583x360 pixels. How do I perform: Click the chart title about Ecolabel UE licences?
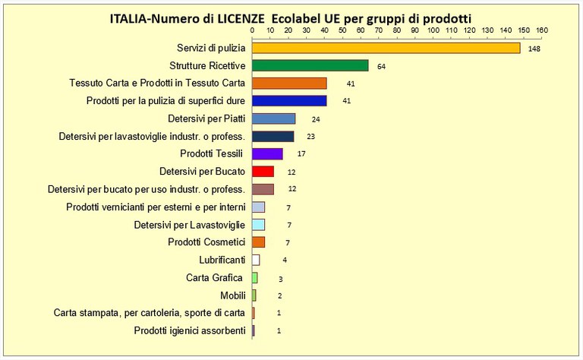[291, 17]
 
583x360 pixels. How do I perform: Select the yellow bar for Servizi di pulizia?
[386, 48]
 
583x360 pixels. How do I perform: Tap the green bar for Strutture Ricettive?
[310, 66]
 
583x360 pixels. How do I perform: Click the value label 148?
[534, 49]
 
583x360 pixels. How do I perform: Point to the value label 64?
[381, 67]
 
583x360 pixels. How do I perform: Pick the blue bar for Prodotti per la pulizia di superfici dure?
[289, 101]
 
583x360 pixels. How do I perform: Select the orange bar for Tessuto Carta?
[289, 84]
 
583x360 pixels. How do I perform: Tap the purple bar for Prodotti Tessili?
[267, 154]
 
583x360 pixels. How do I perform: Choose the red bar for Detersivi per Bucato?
[263, 172]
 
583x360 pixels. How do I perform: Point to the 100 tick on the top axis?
[433, 31]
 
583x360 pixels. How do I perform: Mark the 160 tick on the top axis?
[541, 31]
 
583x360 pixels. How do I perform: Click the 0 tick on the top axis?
[253, 31]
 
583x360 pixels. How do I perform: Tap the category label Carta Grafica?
[215, 277]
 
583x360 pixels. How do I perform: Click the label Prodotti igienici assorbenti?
[189, 330]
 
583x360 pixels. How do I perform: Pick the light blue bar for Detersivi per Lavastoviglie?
[258, 225]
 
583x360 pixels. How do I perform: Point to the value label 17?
[301, 154]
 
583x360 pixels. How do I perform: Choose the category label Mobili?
[229, 295]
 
